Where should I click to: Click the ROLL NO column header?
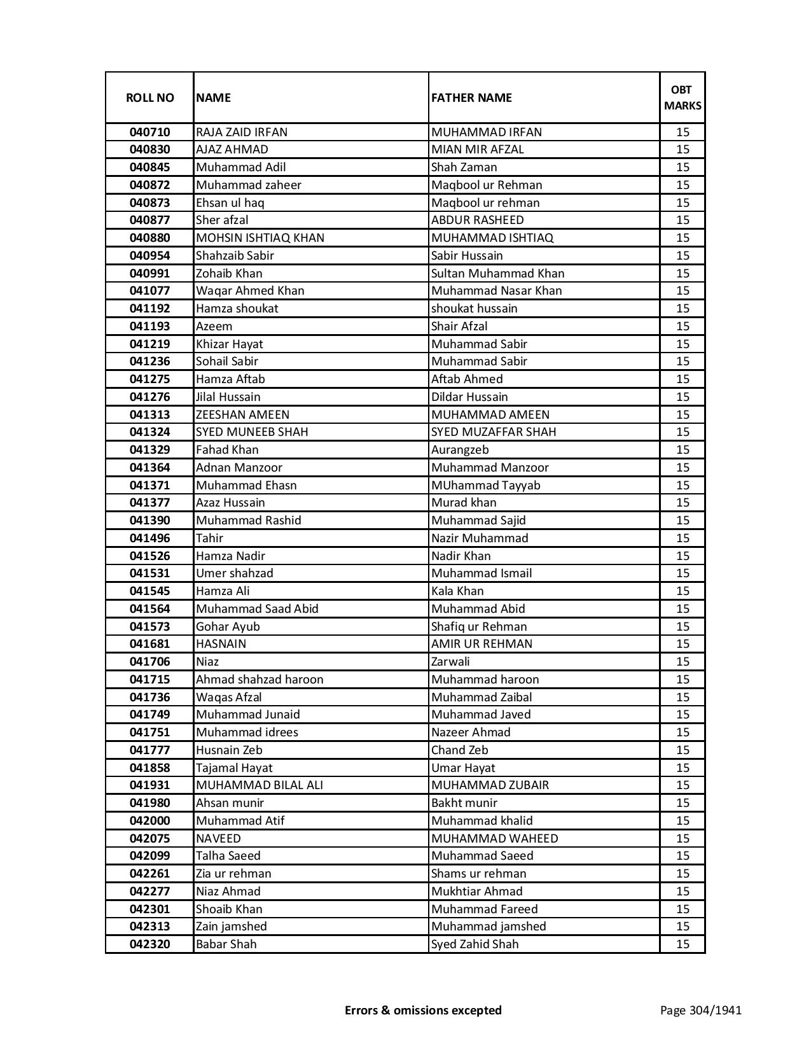point(149,98)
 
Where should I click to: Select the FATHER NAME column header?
point(471,98)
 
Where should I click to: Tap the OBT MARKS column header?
point(682,98)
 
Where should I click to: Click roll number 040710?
point(149,132)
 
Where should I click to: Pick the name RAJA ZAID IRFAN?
point(242,132)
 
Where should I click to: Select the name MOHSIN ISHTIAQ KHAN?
point(260,238)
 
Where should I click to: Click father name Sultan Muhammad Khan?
point(497,274)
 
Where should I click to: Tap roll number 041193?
point(149,326)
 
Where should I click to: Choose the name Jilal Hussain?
point(228,397)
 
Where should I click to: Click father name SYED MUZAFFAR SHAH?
point(494,432)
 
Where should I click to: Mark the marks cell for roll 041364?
point(683,468)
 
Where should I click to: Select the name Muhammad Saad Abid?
point(257,609)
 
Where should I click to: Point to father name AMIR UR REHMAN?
point(482,644)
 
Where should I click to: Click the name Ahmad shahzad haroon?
point(260,680)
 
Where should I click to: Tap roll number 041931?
point(149,785)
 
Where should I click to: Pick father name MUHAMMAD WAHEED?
point(494,839)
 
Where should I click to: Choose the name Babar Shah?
point(226,944)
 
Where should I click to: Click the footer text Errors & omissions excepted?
point(423,1010)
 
